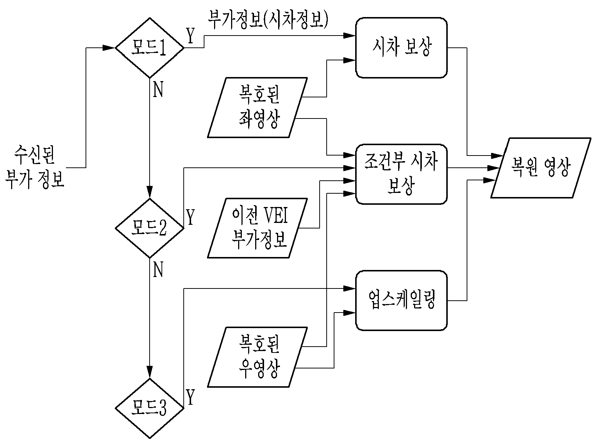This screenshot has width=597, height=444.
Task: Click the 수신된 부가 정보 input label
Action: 35,167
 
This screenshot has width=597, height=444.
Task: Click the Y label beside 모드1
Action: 190,36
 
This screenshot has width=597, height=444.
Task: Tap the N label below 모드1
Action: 158,90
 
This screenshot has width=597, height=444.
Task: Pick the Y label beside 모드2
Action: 190,217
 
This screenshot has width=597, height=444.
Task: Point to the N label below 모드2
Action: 158,270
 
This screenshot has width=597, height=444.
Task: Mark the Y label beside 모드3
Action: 190,397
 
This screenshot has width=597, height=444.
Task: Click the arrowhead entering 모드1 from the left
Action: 109,48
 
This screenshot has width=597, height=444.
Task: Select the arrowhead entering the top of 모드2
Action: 150,192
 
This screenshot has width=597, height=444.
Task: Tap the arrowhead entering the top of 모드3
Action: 150,373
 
